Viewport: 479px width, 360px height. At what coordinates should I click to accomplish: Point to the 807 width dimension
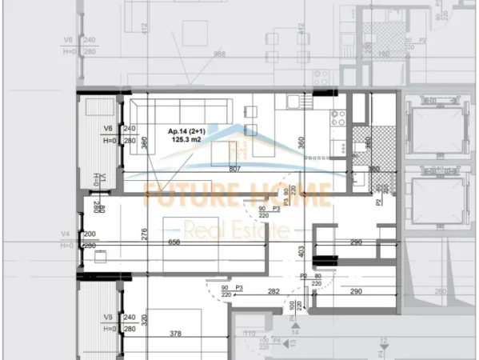click(235, 169)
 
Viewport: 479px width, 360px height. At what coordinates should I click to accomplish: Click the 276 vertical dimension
click(145, 234)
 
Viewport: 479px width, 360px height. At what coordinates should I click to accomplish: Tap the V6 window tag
click(108, 127)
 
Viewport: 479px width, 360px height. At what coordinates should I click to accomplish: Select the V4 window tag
click(66, 234)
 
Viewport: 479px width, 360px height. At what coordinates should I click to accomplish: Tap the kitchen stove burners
click(337, 118)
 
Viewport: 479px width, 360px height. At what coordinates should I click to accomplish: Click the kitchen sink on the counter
click(293, 102)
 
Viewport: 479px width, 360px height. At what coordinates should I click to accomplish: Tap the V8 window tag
click(108, 318)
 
